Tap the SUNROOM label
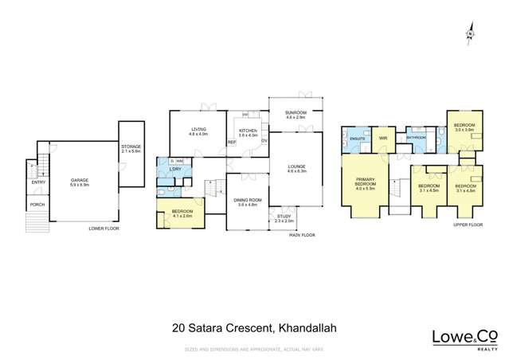tap(296, 113)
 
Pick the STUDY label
tap(284, 217)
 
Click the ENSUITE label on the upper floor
tap(357, 139)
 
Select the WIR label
tap(382, 138)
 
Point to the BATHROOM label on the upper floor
tap(417, 137)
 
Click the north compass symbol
tap(470, 34)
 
